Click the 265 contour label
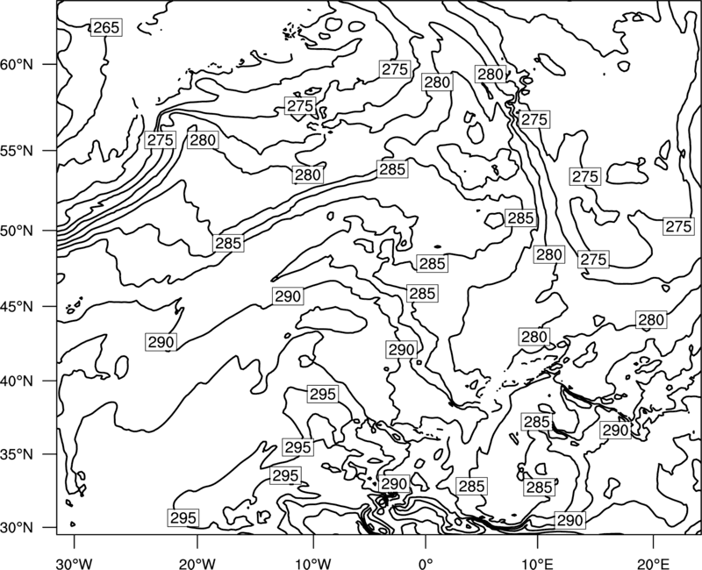pyautogui.click(x=106, y=28)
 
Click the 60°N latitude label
pyautogui.click(x=17, y=64)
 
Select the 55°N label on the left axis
pyautogui.click(x=17, y=151)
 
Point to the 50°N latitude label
pyautogui.click(x=17, y=231)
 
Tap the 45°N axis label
pyautogui.click(x=17, y=306)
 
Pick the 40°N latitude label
pyautogui.click(x=17, y=381)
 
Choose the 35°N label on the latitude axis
pyautogui.click(x=17, y=454)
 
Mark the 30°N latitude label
pyautogui.click(x=17, y=528)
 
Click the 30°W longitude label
pyautogui.click(x=75, y=563)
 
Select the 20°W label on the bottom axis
pyautogui.click(x=197, y=563)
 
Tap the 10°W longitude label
pyautogui.click(x=313, y=563)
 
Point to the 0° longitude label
pyautogui.click(x=426, y=563)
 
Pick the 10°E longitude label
pyautogui.click(x=537, y=563)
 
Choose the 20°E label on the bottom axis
pyautogui.click(x=653, y=563)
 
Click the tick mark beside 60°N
pyautogui.click(x=50, y=64)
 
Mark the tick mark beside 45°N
pyautogui.click(x=50, y=306)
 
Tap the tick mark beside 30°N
pyautogui.click(x=50, y=528)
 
